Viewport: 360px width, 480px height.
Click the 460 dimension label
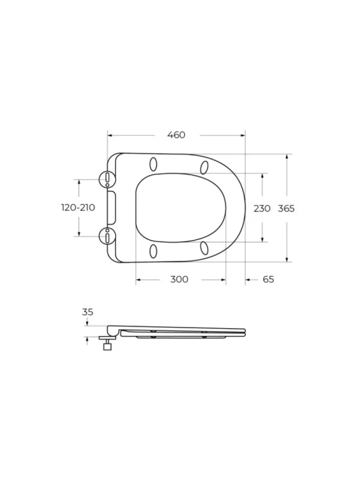point(176,135)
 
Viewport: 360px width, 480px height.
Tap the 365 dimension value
point(286,208)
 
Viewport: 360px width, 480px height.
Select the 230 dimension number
point(262,208)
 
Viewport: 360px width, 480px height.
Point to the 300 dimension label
point(179,280)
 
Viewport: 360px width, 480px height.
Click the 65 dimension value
point(268,280)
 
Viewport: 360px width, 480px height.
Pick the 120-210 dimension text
point(78,207)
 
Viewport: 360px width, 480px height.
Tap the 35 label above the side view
point(88,312)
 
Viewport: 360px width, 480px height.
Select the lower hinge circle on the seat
point(108,237)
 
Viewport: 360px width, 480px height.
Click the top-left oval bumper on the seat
point(153,164)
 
